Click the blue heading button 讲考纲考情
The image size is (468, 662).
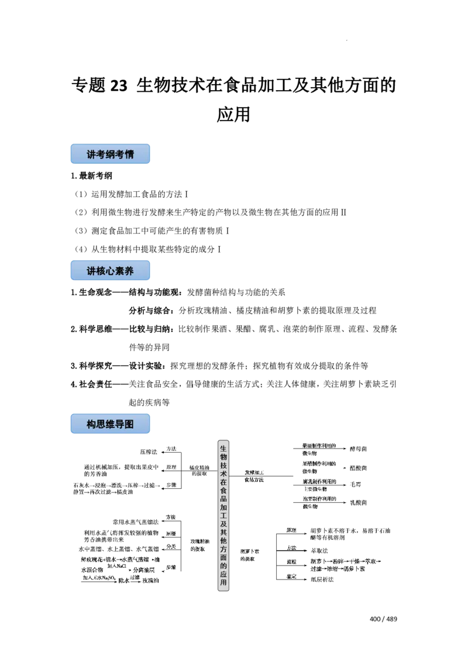110,154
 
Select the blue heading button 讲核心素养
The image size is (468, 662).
110,271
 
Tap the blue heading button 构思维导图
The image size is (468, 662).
110,425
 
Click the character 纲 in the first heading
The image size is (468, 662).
110,154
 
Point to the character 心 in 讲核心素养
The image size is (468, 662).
110,271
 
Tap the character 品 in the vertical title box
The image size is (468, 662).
222,501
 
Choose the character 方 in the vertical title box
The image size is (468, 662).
222,556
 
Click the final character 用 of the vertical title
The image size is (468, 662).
222,584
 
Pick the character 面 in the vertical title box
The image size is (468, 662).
222,566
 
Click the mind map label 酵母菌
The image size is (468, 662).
358,449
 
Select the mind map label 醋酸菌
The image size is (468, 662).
358,468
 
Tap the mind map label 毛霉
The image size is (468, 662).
357,484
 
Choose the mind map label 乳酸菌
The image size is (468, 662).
358,502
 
